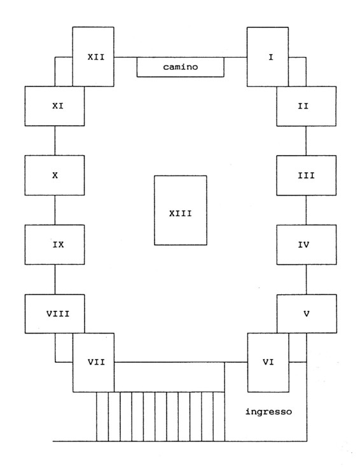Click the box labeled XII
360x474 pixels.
coord(93,57)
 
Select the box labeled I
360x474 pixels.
coord(268,57)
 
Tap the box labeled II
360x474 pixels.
coord(306,106)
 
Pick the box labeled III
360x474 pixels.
coord(306,175)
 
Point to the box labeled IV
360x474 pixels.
coord(306,245)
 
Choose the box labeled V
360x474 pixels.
coord(307,314)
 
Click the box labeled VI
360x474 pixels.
coord(268,362)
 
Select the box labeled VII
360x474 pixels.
coord(93,362)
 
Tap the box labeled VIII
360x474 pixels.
coord(55,314)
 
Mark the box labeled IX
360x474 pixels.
coord(55,245)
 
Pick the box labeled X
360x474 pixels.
coord(55,175)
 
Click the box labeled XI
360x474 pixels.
coord(55,106)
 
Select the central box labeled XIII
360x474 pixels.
coord(181,210)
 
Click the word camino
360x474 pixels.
coord(180,67)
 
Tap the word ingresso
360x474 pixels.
coord(268,412)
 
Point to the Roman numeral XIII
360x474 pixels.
coord(180,213)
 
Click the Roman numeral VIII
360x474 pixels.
coord(58,314)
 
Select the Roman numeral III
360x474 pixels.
coord(306,175)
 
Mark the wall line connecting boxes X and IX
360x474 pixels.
coord(55,210)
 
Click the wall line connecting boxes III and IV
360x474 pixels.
coord(306,210)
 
